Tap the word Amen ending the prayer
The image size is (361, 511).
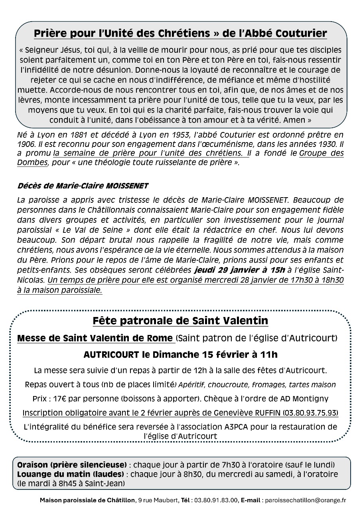pos(297,119)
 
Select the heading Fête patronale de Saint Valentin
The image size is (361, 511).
pos(180,321)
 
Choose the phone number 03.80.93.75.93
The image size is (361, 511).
pos(310,412)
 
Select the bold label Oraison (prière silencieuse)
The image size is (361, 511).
pos(72,465)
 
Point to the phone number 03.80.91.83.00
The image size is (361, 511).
pos(215,500)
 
